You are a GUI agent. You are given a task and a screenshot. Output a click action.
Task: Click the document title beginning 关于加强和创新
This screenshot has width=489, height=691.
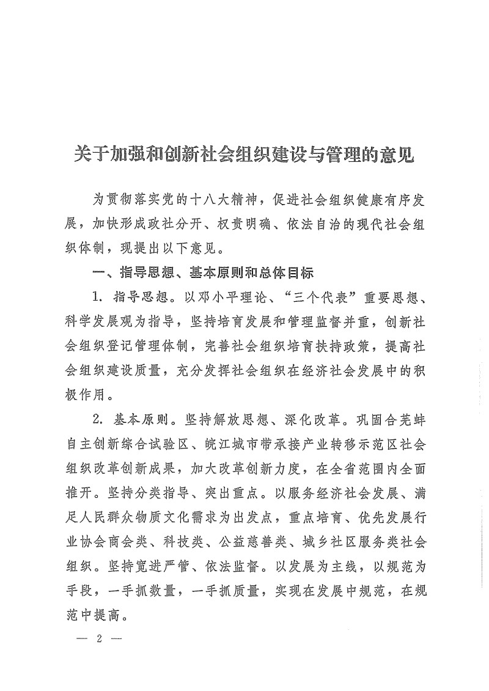pyautogui.click(x=244, y=153)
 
